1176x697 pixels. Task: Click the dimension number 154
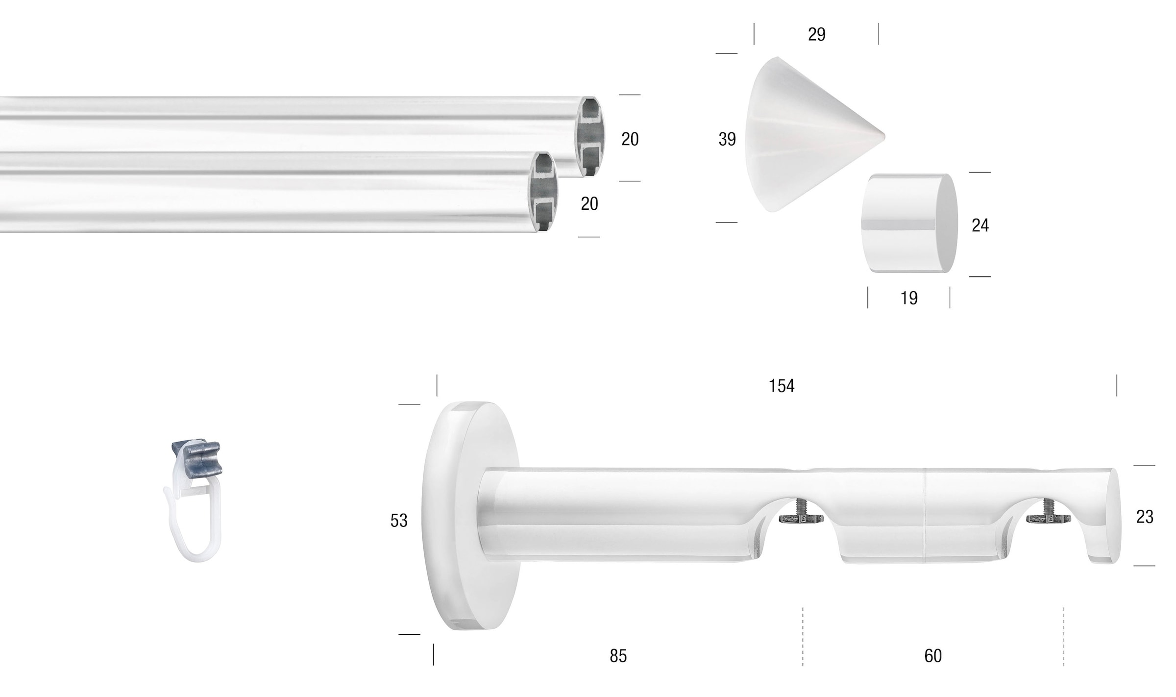coord(781,386)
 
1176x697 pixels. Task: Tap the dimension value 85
coord(618,656)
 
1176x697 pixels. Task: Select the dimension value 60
coord(933,656)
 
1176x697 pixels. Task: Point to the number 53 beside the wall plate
coord(399,521)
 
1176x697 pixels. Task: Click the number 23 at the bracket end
coord(1145,517)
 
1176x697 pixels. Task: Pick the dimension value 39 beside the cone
coord(727,139)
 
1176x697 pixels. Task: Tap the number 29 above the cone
coord(816,34)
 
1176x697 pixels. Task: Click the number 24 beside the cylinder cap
coord(980,225)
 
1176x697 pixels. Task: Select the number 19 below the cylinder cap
coord(909,298)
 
